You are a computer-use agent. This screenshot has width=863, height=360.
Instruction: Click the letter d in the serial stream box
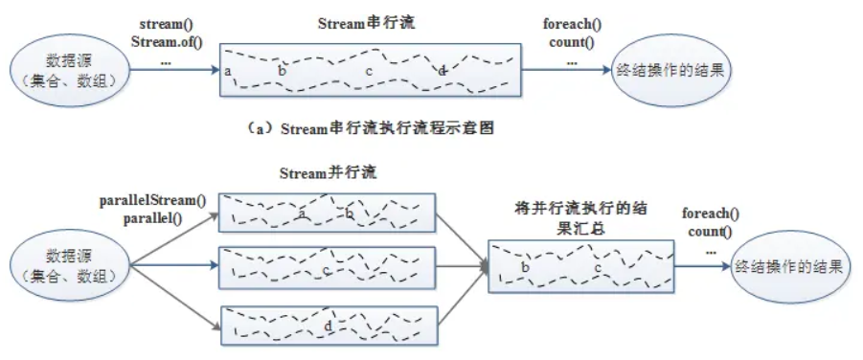tap(442, 72)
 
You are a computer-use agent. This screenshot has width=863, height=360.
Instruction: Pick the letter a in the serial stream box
tap(229, 72)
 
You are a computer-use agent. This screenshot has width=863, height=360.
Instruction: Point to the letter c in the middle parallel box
tap(328, 271)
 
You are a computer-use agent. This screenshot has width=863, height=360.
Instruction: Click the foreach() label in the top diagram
tap(572, 23)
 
